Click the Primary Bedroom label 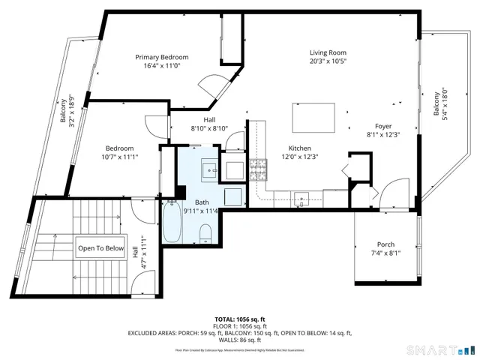click(161, 57)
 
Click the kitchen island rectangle click(313, 118)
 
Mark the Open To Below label click(100, 247)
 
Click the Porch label click(385, 244)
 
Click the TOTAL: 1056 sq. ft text click(239, 319)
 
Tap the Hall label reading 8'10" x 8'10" click(210, 128)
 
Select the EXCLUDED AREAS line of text click(239, 333)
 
